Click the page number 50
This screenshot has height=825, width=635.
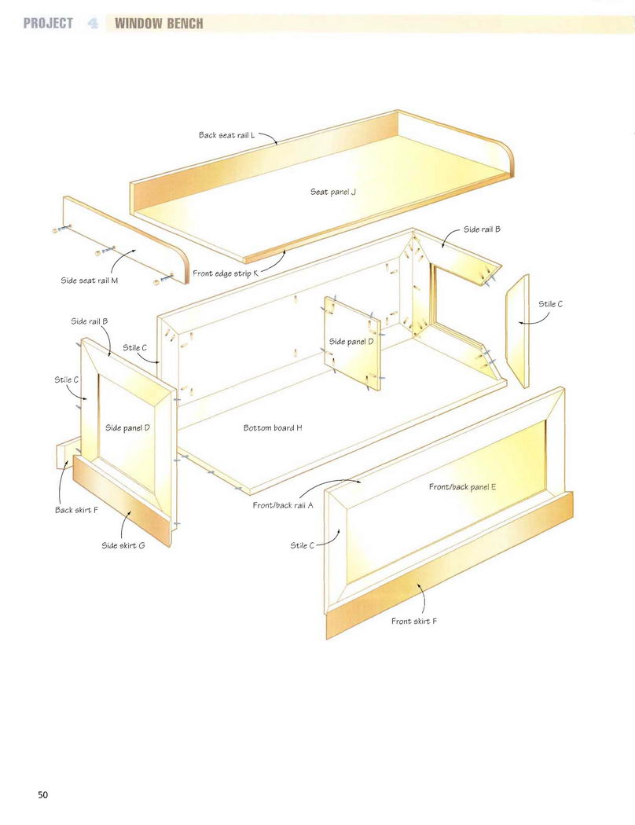(42, 794)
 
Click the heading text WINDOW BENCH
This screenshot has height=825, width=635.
(159, 23)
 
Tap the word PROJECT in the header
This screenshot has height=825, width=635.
(48, 23)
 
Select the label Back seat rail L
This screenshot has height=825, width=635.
(227, 135)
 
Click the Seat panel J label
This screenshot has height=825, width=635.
(333, 192)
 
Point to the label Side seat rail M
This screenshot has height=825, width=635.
(90, 280)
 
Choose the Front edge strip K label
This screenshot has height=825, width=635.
(226, 273)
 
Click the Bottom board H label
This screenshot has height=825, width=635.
(273, 427)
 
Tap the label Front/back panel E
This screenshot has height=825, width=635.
(462, 487)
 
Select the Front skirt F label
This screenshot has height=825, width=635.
(414, 621)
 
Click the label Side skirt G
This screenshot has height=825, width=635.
(123, 545)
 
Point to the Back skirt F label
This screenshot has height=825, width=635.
(76, 510)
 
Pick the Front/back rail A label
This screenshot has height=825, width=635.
(283, 506)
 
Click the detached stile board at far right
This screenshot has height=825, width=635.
(518, 331)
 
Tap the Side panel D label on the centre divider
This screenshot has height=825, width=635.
(351, 342)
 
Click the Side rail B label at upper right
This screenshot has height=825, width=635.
(482, 229)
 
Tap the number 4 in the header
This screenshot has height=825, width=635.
(93, 23)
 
